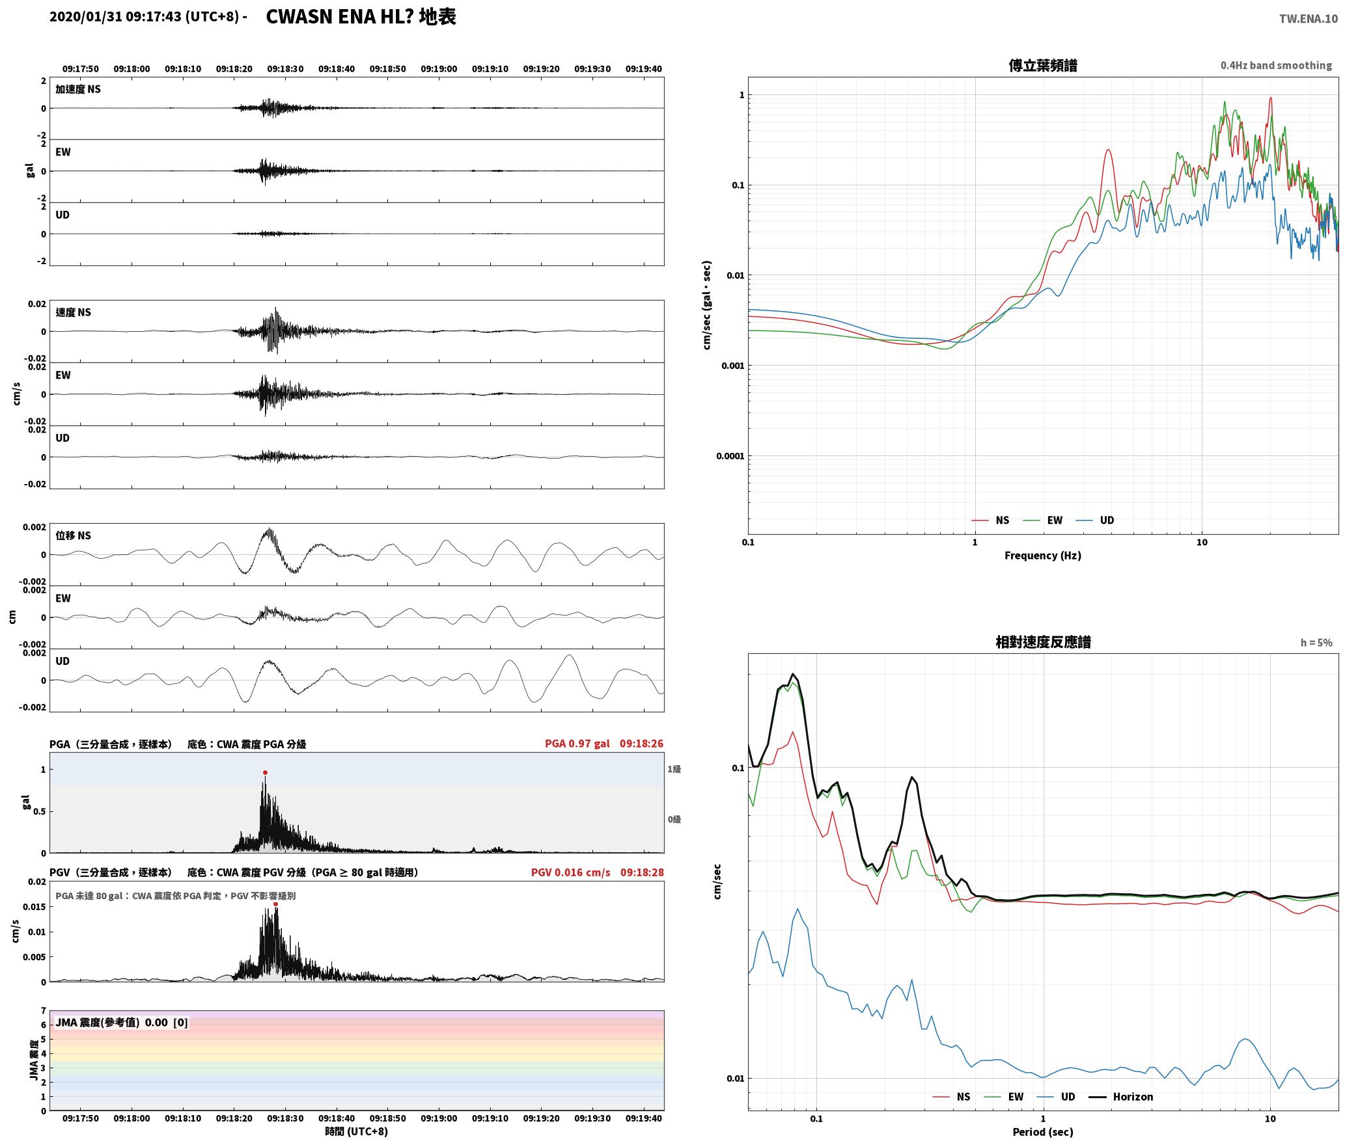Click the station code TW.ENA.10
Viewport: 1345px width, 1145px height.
click(1308, 19)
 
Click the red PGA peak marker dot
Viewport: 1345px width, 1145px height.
click(265, 773)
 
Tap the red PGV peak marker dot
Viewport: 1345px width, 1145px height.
click(275, 904)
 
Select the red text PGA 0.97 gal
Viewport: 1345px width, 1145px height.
click(577, 744)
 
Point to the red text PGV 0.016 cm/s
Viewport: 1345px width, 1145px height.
click(570, 872)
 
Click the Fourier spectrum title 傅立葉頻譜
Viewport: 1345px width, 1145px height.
click(1042, 66)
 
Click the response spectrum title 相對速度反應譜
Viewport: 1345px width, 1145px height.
click(1043, 642)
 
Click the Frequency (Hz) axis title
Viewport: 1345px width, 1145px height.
click(1042, 556)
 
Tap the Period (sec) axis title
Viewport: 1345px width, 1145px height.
click(1042, 1132)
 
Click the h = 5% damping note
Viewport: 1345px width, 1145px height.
click(1316, 643)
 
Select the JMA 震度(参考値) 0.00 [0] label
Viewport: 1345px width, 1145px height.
click(122, 1023)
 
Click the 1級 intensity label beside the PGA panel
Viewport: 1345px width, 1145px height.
click(674, 769)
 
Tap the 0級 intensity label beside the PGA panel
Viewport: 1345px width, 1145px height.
click(674, 820)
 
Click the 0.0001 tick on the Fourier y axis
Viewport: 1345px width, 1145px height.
click(730, 456)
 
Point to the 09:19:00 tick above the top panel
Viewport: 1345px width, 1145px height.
click(439, 69)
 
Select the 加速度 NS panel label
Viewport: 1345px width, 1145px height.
click(78, 89)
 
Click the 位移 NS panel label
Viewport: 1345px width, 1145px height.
click(74, 535)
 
